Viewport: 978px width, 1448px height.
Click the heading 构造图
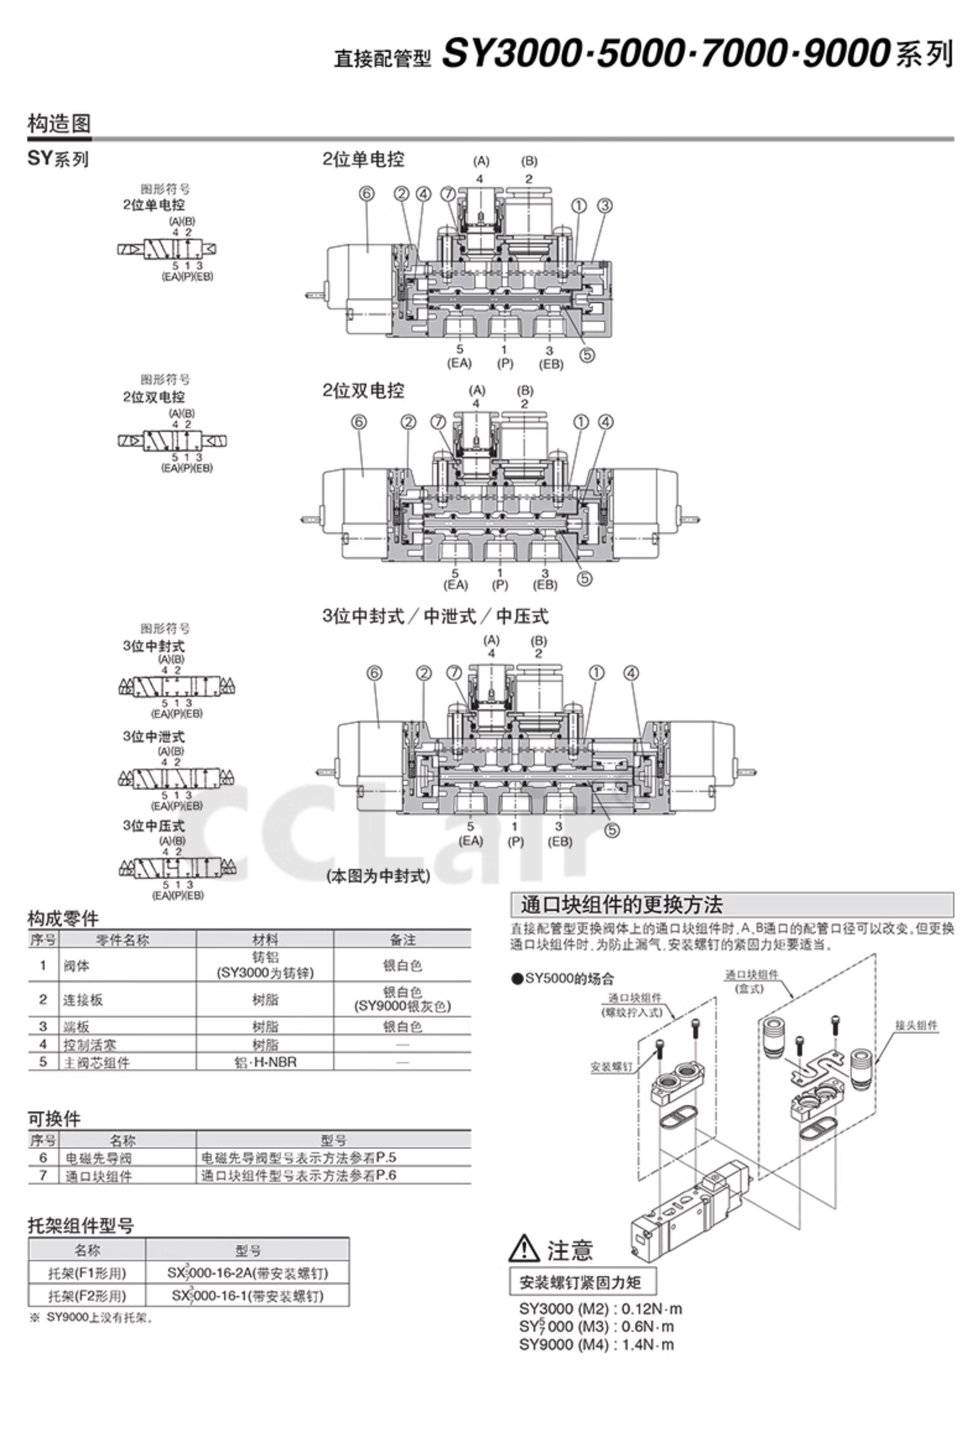pyautogui.click(x=59, y=123)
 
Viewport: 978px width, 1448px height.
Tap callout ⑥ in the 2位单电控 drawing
pyautogui.click(x=366, y=194)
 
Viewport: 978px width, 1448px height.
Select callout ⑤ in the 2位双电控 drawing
pyautogui.click(x=584, y=579)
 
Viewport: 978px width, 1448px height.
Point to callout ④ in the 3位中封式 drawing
pyautogui.click(x=631, y=674)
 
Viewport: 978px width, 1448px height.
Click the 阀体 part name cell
pyautogui.click(x=77, y=966)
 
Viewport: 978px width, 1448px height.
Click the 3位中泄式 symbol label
pyautogui.click(x=153, y=737)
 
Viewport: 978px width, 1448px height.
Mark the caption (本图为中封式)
pyautogui.click(x=378, y=876)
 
